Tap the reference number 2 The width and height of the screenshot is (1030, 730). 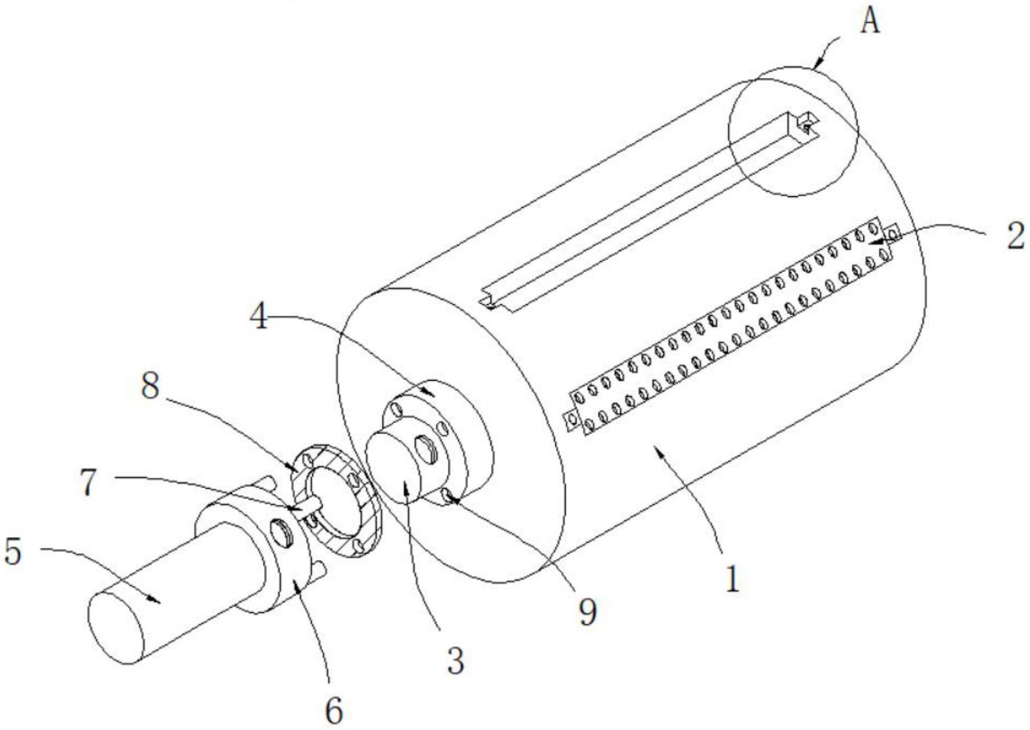[1014, 234]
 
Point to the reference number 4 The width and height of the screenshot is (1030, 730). [259, 316]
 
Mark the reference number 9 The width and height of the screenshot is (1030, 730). [588, 612]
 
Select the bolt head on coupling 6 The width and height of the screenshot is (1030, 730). [282, 533]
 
